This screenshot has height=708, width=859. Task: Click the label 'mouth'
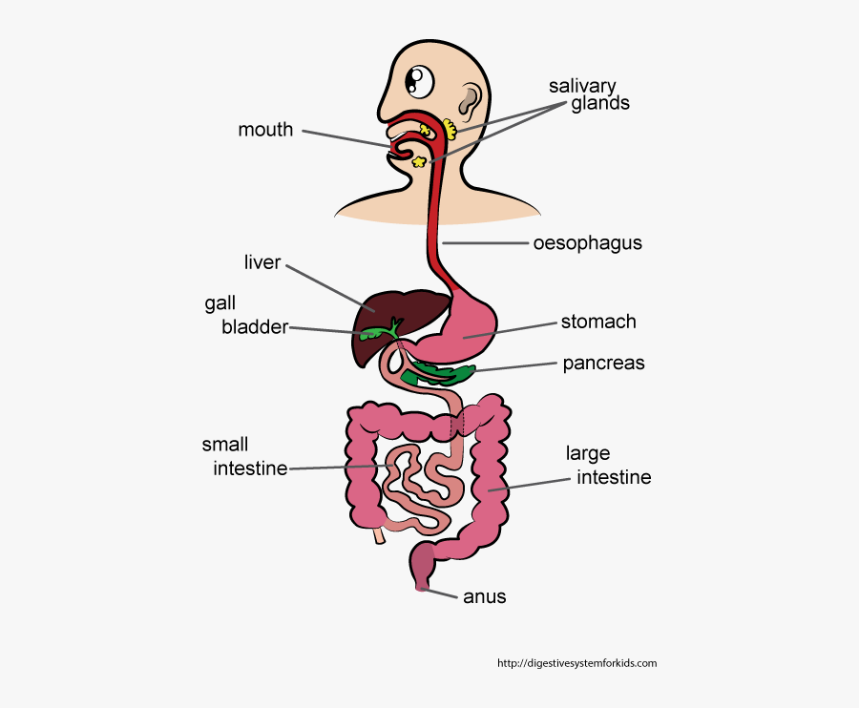pyautogui.click(x=265, y=130)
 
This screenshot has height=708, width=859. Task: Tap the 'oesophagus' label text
pyautogui.click(x=587, y=243)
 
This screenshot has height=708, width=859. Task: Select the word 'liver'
pyautogui.click(x=262, y=262)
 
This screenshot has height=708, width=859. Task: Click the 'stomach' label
pyautogui.click(x=598, y=322)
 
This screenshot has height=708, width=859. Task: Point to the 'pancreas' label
pyautogui.click(x=604, y=364)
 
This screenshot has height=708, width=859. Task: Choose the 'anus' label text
pyautogui.click(x=485, y=597)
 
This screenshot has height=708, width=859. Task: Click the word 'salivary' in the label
pyautogui.click(x=582, y=87)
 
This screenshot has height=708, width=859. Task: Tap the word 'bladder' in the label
pyautogui.click(x=255, y=327)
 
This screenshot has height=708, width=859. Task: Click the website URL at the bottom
pyautogui.click(x=576, y=663)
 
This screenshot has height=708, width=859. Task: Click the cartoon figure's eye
pyautogui.click(x=420, y=82)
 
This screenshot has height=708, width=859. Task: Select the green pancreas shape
pyautogui.click(x=438, y=372)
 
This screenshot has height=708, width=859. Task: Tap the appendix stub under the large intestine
pyautogui.click(x=379, y=535)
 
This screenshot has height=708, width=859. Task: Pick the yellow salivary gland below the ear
pyautogui.click(x=450, y=129)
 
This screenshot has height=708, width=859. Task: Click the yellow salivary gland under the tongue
pyautogui.click(x=420, y=161)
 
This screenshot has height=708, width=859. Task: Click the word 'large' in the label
pyautogui.click(x=588, y=454)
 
